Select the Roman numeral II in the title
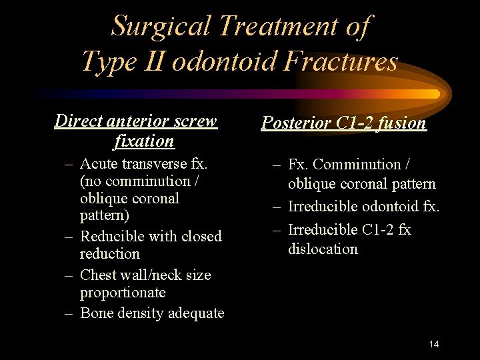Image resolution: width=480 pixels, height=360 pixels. [151, 61]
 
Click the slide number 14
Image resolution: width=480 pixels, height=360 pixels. [434, 344]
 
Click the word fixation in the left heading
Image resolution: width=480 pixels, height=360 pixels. [144, 141]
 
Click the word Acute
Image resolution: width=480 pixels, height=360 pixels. [99, 163]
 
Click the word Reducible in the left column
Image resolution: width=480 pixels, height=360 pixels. [111, 236]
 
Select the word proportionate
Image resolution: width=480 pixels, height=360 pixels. [123, 293]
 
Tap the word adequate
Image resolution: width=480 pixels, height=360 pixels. [195, 313]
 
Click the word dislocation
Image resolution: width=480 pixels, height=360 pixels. [323, 249]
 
